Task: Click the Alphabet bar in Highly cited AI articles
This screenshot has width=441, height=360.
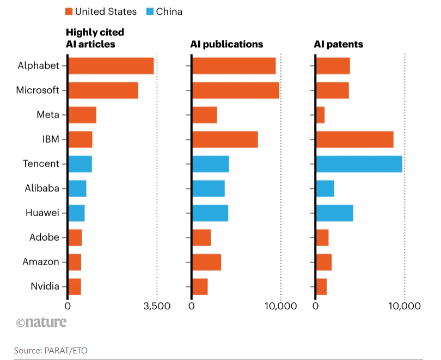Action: (111, 66)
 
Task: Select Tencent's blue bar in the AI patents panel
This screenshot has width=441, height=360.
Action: (359, 164)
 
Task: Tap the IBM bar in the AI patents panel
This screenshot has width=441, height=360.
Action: (354, 139)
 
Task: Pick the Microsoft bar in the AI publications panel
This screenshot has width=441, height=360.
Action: (235, 90)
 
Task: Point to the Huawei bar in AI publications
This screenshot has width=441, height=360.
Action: (210, 213)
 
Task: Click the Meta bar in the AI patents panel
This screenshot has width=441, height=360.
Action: (320, 115)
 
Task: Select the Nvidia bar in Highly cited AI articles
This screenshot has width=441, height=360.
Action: (74, 286)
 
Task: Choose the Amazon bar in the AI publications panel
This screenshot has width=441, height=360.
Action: (206, 262)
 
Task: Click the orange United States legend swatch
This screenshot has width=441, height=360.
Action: (69, 11)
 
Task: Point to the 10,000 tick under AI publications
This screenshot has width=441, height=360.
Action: (280, 306)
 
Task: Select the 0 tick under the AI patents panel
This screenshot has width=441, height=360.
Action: (316, 306)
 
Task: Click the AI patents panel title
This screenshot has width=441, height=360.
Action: (338, 44)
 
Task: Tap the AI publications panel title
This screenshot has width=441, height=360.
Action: (226, 44)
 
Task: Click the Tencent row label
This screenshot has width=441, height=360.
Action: (41, 164)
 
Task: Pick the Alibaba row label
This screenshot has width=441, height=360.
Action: (41, 188)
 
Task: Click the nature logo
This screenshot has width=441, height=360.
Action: (41, 322)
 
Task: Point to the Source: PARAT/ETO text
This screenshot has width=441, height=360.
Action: (51, 350)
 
